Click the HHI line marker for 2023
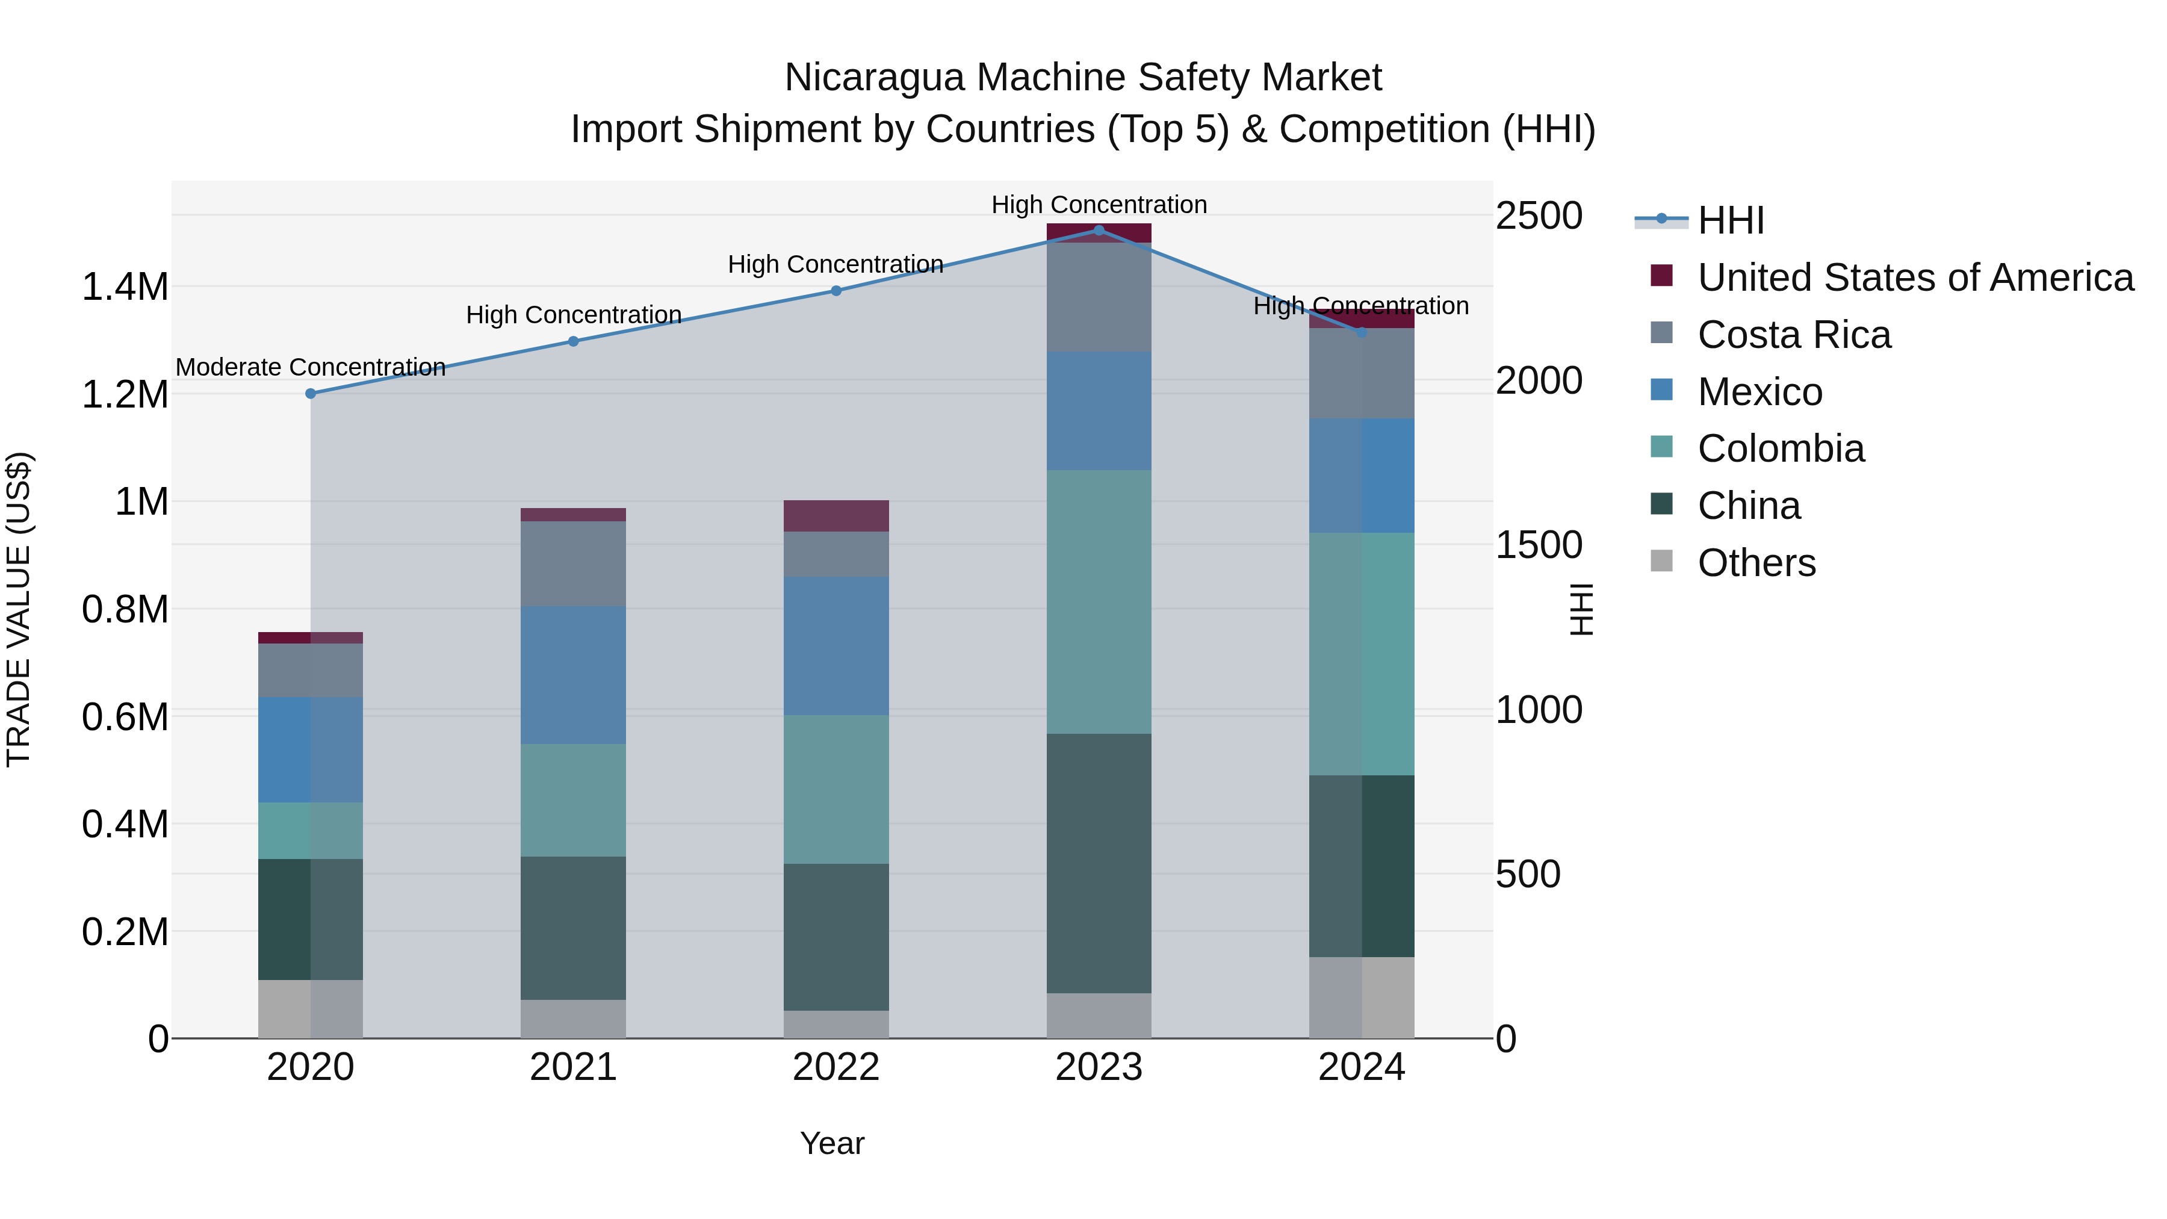1099,230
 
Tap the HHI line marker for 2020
311,393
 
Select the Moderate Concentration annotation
311,368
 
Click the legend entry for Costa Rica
1794,335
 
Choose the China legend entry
1748,506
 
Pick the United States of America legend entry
1915,278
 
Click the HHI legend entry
1731,220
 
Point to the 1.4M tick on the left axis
125,287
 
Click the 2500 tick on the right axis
1539,216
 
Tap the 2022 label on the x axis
835,1067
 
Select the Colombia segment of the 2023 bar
1099,601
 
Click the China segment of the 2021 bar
573,928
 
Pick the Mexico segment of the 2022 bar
835,645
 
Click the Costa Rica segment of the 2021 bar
573,563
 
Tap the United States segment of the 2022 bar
835,516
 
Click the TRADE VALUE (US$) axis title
19,609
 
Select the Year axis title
832,1143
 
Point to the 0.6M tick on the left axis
125,717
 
